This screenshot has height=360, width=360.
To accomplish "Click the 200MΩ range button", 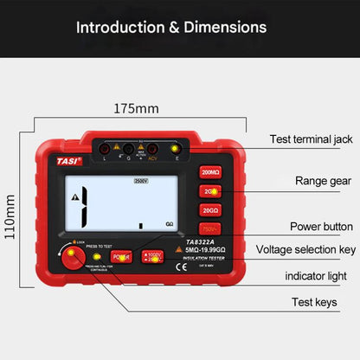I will (210, 171).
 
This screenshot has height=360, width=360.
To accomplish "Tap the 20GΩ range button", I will (210, 209).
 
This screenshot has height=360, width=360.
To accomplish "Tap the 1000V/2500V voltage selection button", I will (152, 256).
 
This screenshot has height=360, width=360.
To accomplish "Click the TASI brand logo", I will (69, 160).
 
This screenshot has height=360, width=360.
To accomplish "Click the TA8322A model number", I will (202, 242).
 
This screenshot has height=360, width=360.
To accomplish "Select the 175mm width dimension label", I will (137, 109).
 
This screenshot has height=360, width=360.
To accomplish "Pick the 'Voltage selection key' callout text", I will (305, 249).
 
